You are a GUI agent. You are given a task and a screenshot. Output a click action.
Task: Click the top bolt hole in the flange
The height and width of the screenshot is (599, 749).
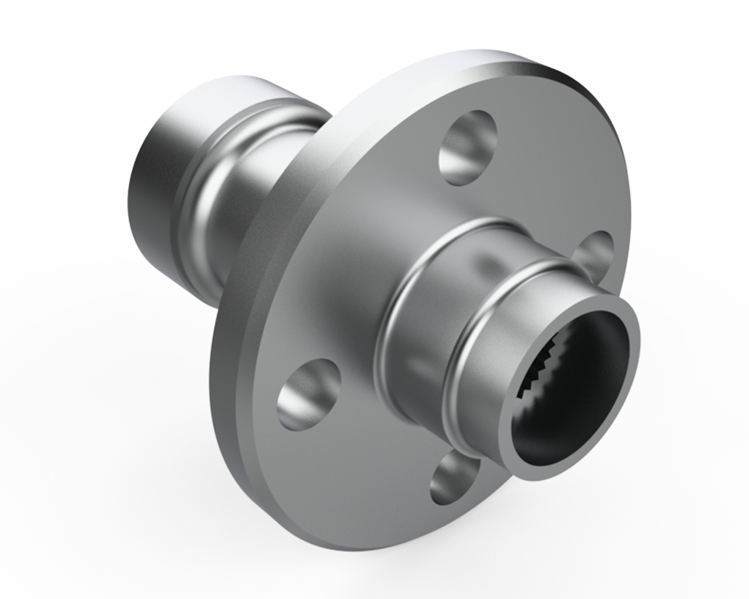coord(467,147)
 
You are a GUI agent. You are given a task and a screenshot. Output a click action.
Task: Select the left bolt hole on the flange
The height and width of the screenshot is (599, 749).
coord(308,394)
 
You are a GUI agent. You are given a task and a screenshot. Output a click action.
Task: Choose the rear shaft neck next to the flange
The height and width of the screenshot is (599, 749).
coord(242,220)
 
